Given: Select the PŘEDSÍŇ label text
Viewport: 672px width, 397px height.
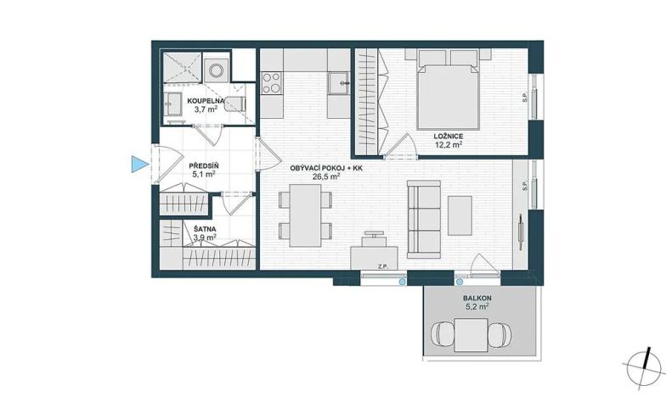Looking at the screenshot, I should pyautogui.click(x=203, y=165).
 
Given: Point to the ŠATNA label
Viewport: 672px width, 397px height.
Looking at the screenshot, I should pyautogui.click(x=203, y=228).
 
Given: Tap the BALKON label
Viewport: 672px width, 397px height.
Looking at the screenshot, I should pyautogui.click(x=476, y=299).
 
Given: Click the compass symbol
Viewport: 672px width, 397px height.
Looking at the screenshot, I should pyautogui.click(x=645, y=364).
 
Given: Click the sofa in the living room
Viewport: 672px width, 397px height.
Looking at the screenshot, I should pyautogui.click(x=424, y=217).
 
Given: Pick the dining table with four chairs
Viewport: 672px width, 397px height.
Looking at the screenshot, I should pyautogui.click(x=305, y=213).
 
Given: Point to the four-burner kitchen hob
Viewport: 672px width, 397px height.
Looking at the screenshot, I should pyautogui.click(x=272, y=83).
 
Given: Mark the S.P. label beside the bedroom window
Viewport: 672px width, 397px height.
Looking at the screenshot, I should pyautogui.click(x=524, y=98).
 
